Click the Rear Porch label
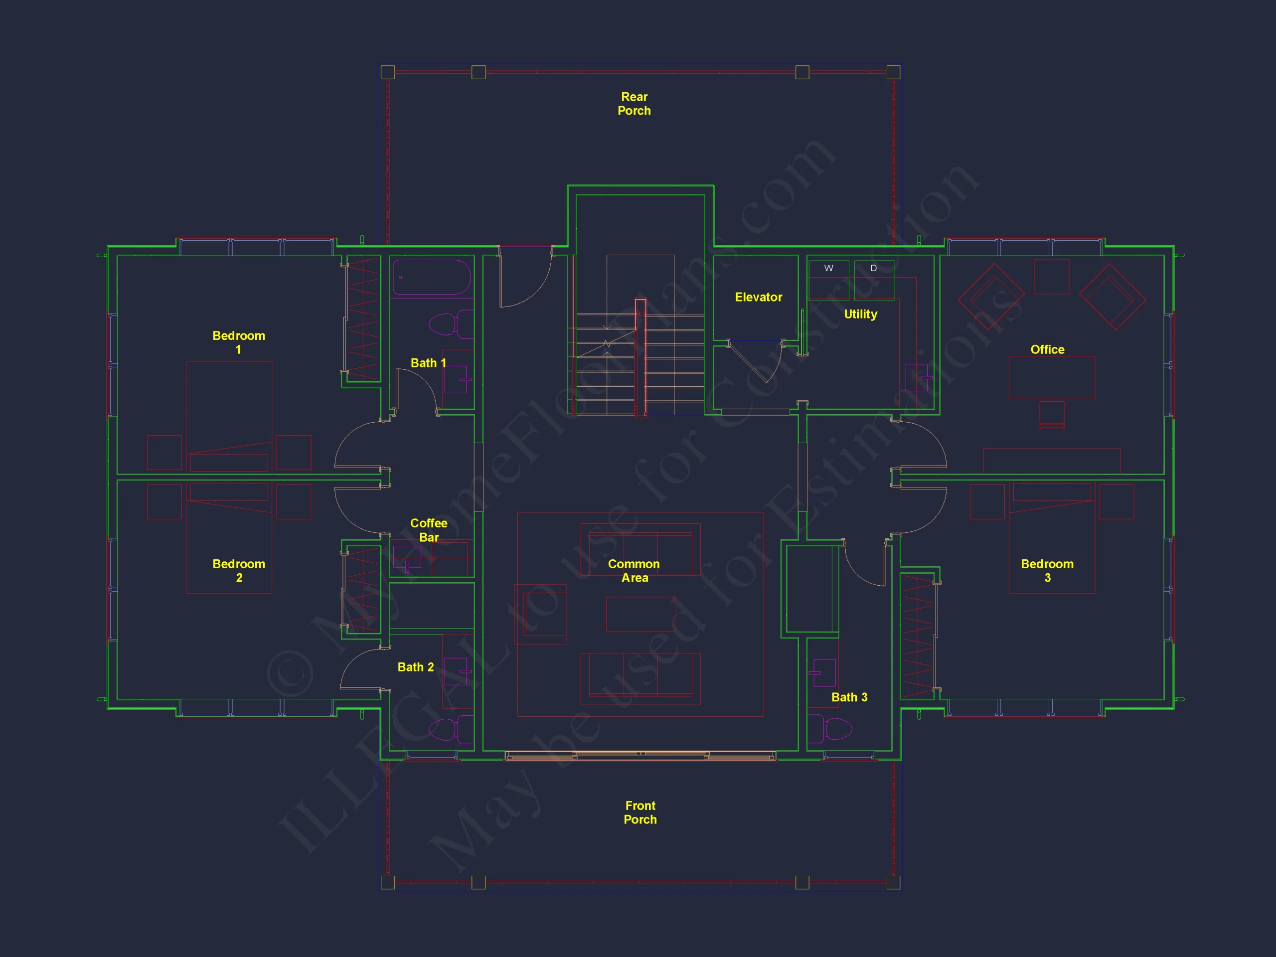click(634, 104)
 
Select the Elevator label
click(758, 297)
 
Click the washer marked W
click(828, 280)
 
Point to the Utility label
click(860, 315)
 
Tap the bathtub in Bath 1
click(432, 278)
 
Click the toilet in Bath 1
click(451, 324)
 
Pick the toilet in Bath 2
click(451, 729)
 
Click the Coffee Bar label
click(429, 530)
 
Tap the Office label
click(1047, 349)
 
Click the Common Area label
click(634, 571)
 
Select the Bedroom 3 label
click(1047, 571)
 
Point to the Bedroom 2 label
click(239, 571)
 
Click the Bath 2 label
click(415, 667)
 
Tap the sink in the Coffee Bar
click(407, 558)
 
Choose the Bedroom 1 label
click(239, 342)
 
